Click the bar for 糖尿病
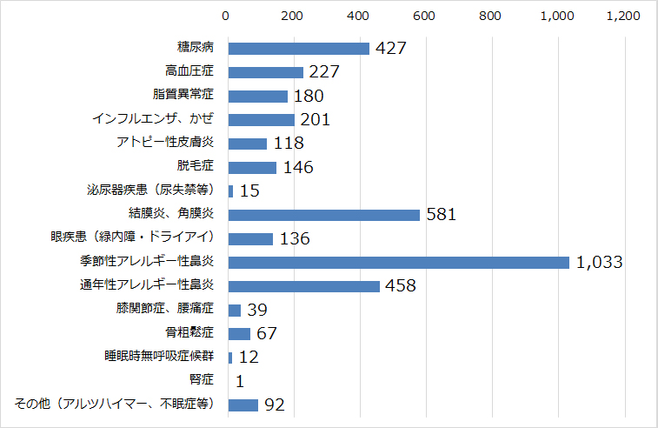[298, 48]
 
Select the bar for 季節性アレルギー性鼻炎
[398, 262]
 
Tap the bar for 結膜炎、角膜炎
[323, 214]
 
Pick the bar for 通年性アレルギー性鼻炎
[303, 286]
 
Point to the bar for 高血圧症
[265, 72]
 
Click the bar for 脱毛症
[252, 167]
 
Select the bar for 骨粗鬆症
[239, 333]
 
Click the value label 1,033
[599, 262]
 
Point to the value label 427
[391, 49]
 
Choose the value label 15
[250, 191]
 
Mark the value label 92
[275, 405]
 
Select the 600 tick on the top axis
[424, 16]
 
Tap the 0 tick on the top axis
[227, 16]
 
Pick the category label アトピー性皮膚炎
[165, 143]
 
